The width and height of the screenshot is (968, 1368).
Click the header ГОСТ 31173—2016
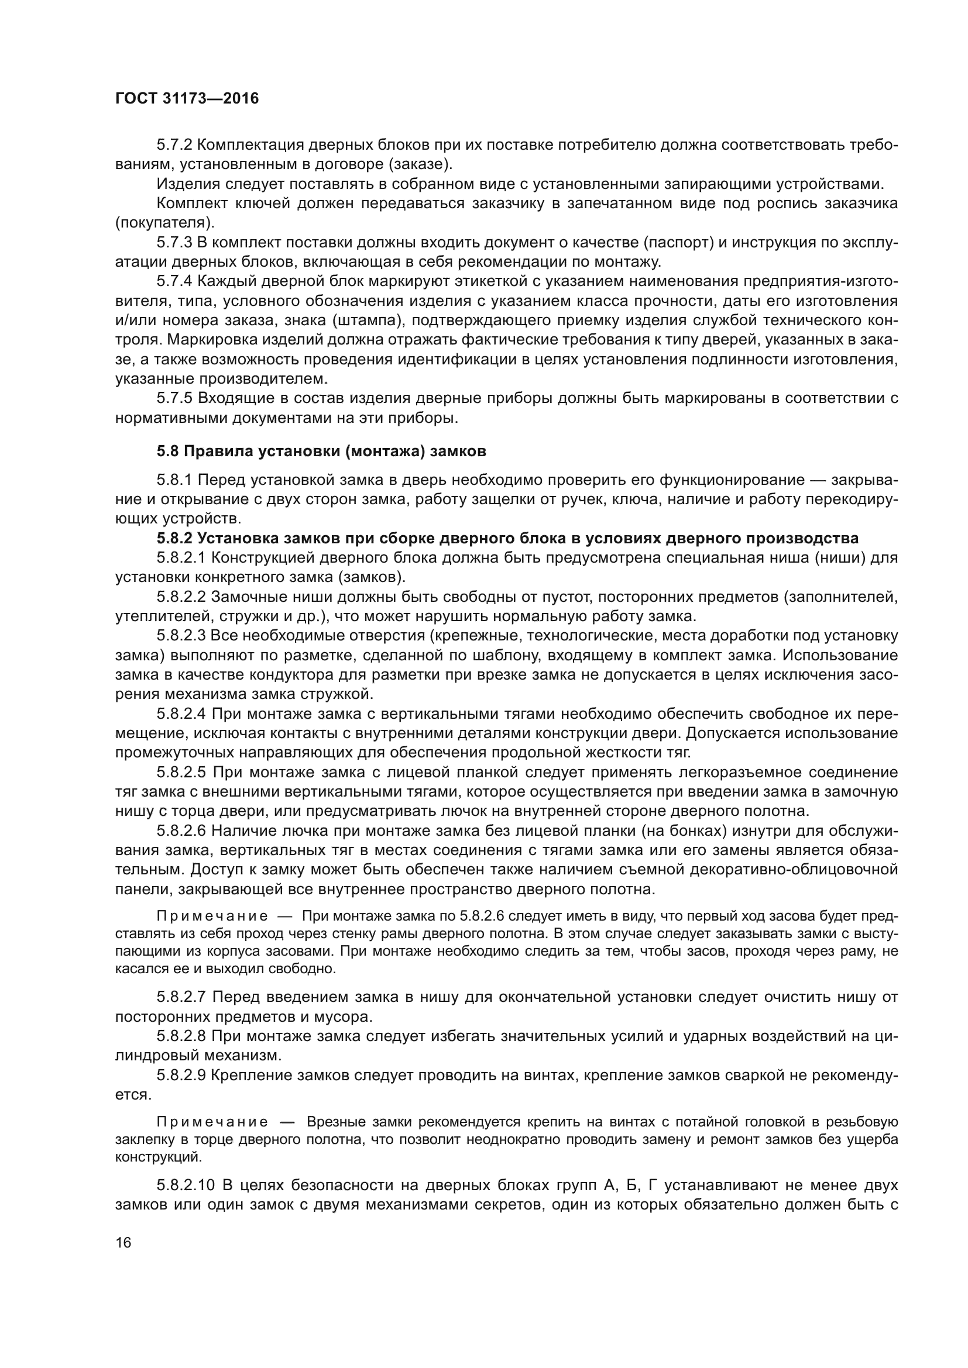click(187, 99)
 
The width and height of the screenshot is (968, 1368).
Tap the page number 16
click(123, 1243)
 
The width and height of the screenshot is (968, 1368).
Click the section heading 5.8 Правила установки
click(321, 451)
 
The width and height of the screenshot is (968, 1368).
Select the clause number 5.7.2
click(174, 145)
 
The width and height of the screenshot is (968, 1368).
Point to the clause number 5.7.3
click(174, 243)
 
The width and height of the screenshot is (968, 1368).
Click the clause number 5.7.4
click(174, 281)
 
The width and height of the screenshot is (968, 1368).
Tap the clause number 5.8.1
click(174, 480)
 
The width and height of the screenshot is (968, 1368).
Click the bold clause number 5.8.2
click(174, 539)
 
